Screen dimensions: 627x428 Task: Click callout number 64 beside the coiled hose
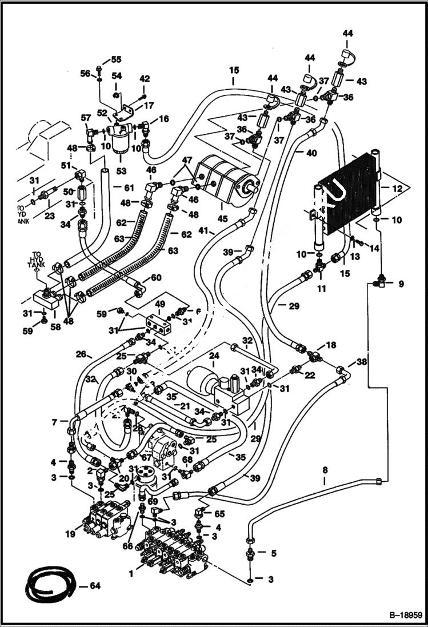pyautogui.click(x=95, y=585)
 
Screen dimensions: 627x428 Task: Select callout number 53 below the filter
pyautogui.click(x=122, y=170)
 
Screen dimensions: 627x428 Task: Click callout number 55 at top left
pyautogui.click(x=116, y=59)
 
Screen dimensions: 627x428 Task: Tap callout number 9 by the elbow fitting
pyautogui.click(x=401, y=283)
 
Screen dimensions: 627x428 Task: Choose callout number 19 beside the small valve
pyautogui.click(x=70, y=534)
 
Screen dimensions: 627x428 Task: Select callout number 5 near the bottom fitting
pyautogui.click(x=273, y=553)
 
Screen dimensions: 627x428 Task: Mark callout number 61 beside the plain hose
pyautogui.click(x=129, y=188)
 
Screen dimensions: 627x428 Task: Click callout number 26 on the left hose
pyautogui.click(x=79, y=353)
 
